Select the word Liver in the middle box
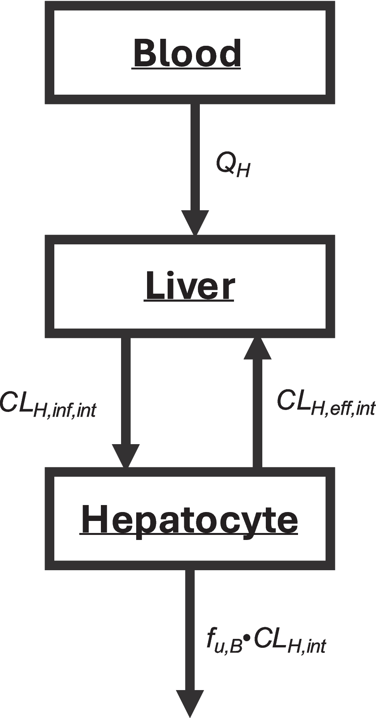(190, 286)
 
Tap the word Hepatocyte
(189, 519)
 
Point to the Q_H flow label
(233, 165)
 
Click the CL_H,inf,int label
(48, 405)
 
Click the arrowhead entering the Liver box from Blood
(195, 223)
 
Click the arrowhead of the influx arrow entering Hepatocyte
(126, 456)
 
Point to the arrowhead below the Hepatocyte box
(190, 702)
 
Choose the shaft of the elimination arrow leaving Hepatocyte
(190, 628)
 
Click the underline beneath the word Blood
(186, 69)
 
